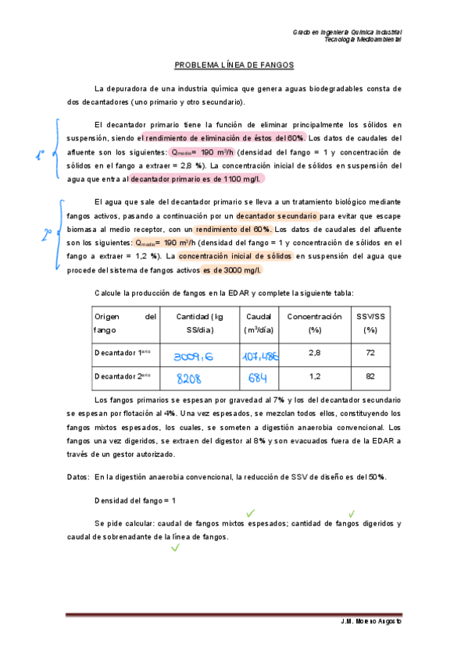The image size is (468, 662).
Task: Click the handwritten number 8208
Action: coord(189,379)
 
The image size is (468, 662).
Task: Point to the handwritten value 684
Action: coord(257,379)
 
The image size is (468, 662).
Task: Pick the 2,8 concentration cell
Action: coord(315,353)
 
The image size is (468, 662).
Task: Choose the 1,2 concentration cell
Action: coord(315,376)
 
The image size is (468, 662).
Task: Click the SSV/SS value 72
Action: coord(371,353)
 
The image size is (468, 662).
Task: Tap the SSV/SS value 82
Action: coord(371,376)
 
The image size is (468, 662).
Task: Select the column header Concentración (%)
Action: coord(315,322)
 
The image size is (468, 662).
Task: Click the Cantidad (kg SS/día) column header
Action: coord(199,322)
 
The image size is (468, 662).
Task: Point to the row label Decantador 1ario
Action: coord(123,353)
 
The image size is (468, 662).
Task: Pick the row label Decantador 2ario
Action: coord(123,376)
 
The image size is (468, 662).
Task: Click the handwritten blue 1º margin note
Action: coord(41,154)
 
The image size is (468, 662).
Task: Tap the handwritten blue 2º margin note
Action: coord(47,233)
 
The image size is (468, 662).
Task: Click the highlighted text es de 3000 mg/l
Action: coord(232,270)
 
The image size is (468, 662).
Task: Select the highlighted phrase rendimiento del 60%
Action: coord(233,230)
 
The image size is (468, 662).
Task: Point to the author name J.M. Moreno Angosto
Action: coord(371,621)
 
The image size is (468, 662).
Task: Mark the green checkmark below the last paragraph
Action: coord(175,548)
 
